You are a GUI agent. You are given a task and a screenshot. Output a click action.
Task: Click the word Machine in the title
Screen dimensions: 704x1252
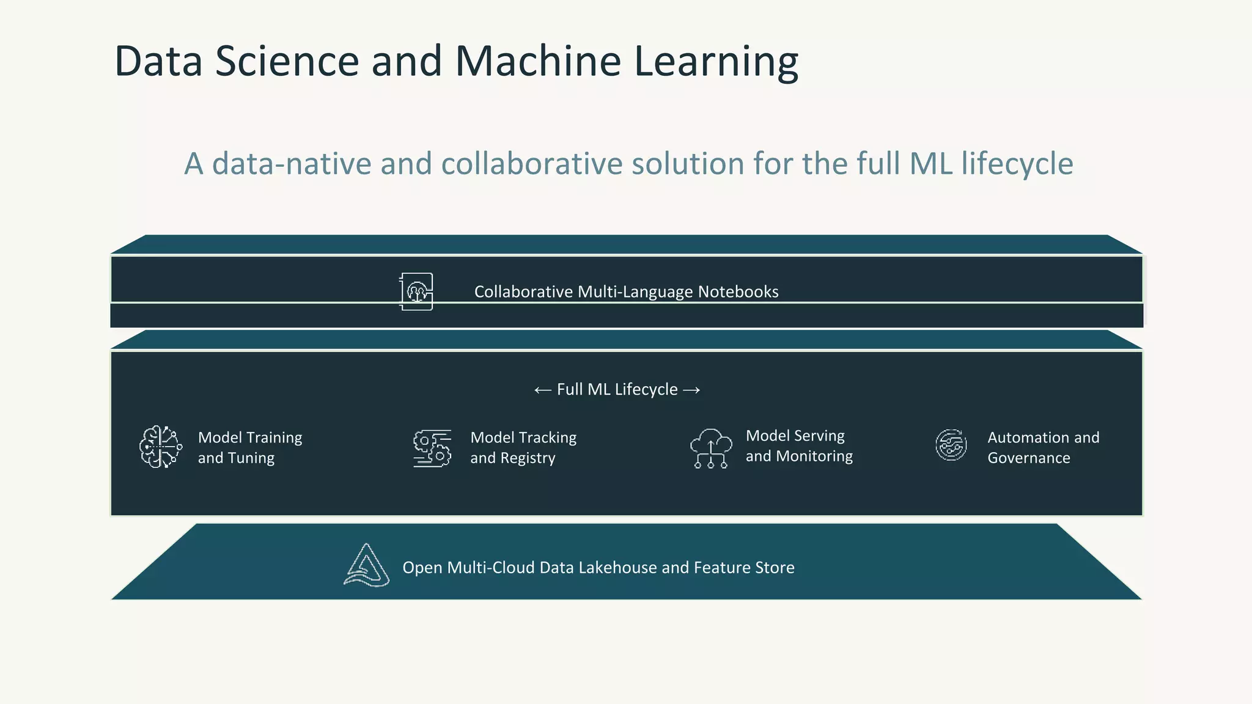point(538,61)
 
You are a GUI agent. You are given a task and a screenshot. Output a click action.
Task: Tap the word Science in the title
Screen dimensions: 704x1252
point(287,61)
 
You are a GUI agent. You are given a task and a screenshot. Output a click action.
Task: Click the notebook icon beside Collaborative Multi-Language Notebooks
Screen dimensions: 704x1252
point(416,291)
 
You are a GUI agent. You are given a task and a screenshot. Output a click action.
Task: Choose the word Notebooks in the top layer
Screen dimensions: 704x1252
point(738,292)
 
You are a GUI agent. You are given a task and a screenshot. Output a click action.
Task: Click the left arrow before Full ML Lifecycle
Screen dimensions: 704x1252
point(542,390)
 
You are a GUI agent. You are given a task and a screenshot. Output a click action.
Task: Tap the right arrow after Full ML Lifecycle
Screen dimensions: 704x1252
point(691,390)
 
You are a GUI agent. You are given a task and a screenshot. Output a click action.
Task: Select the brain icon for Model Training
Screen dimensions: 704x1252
point(160,447)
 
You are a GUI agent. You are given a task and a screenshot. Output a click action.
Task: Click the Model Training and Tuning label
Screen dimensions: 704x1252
point(250,447)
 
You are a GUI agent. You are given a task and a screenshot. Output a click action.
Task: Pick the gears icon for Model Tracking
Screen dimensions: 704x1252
point(432,448)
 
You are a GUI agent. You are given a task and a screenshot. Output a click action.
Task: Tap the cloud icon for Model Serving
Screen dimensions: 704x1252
point(710,448)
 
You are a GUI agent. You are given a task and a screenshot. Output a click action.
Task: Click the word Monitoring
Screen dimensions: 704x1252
point(814,456)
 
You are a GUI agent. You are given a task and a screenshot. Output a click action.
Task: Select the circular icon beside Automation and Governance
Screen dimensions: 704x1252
point(951,445)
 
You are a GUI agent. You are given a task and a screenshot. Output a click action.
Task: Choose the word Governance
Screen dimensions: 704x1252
point(1029,458)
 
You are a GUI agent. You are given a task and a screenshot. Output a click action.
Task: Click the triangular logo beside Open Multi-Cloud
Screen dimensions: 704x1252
point(367,566)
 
